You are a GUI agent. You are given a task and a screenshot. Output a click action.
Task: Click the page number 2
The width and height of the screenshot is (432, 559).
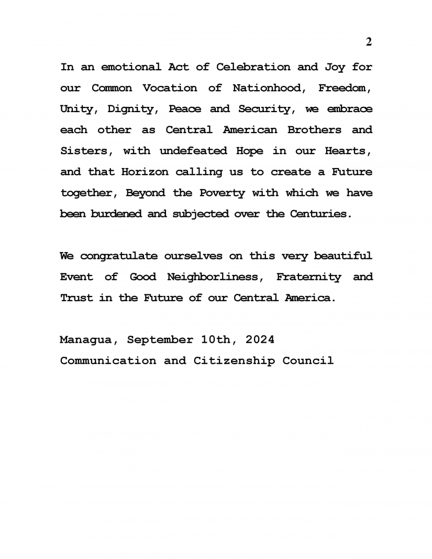pos(369,42)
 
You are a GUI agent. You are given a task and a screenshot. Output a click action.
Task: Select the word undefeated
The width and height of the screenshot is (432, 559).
pos(193,151)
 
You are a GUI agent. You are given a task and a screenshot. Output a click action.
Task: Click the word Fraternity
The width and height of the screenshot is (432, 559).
pos(308,277)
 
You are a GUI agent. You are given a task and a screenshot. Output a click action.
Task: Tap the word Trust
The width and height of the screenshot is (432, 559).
pos(76,298)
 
